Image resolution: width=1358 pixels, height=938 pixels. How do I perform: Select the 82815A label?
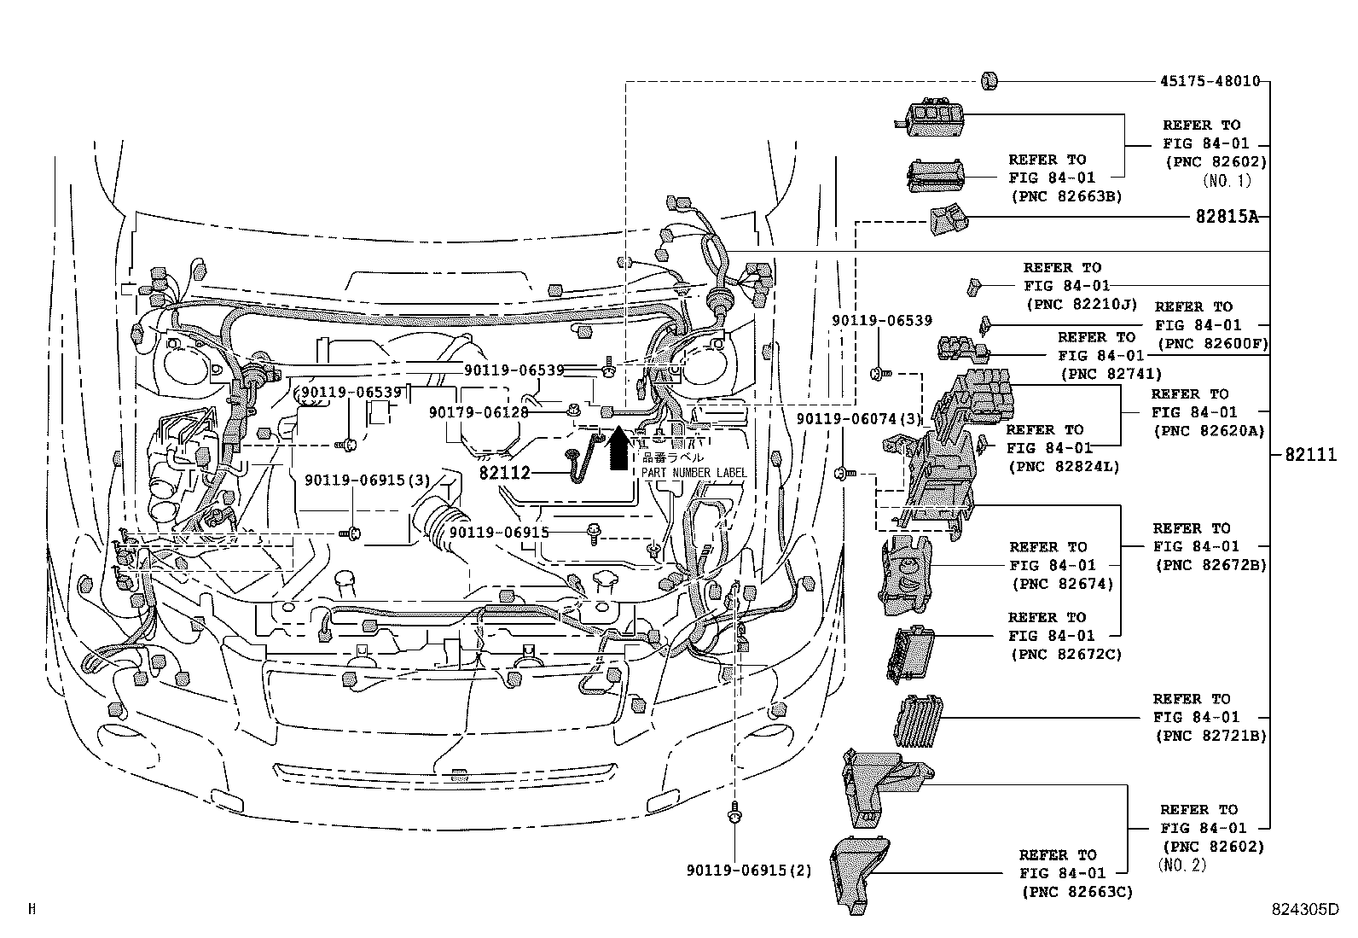(1227, 217)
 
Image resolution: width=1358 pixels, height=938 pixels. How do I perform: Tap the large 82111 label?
(1310, 455)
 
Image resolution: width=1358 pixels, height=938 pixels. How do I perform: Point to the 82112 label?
(504, 473)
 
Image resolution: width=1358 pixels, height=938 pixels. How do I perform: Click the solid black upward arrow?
(618, 450)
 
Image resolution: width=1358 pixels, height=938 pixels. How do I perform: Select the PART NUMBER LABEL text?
(694, 473)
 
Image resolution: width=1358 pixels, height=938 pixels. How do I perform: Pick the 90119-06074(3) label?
(858, 419)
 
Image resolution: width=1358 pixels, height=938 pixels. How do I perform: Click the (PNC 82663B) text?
(1066, 196)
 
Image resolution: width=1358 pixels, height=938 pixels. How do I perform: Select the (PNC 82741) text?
(1111, 374)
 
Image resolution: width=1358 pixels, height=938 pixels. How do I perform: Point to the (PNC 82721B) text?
(1210, 736)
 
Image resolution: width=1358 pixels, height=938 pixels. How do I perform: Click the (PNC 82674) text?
(1063, 584)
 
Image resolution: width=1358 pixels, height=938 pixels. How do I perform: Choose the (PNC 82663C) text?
(1077, 892)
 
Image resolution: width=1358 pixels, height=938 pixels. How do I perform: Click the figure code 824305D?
(1302, 910)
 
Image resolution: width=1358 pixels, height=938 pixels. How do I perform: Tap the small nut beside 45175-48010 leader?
(990, 82)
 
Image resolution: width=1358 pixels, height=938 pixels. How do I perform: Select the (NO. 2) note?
(1182, 865)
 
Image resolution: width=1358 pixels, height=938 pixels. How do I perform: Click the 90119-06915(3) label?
(368, 481)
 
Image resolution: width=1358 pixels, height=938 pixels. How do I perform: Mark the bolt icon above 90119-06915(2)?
(734, 816)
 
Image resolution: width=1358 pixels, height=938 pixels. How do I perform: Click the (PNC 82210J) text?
(1082, 304)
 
